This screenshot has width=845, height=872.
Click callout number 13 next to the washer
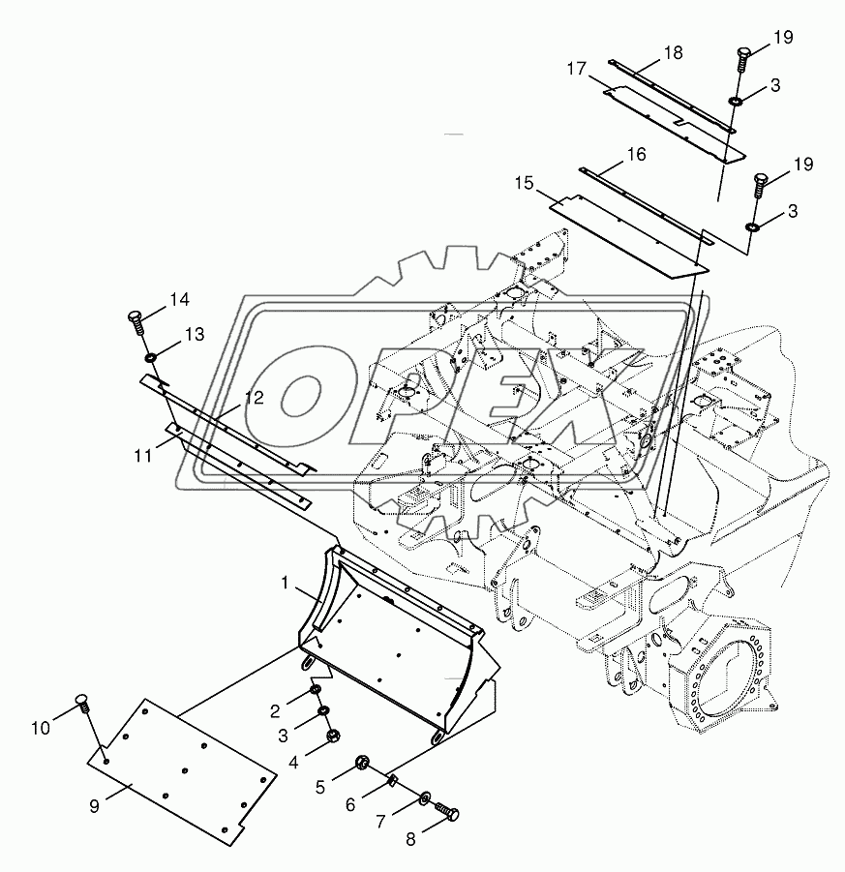click(195, 335)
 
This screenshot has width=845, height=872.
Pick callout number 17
click(577, 69)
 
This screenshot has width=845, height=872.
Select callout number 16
click(635, 155)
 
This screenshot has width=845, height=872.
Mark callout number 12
click(254, 398)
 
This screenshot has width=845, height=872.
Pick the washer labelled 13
click(152, 361)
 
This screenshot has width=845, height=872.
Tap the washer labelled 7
click(426, 797)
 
